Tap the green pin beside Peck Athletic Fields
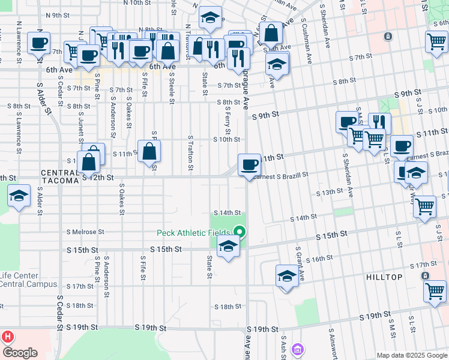pyautogui.click(x=240, y=231)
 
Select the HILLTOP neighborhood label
pyautogui.click(x=384, y=277)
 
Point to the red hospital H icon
pyautogui.click(x=8, y=337)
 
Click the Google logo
pyautogui.click(x=19, y=353)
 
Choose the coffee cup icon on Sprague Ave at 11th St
pyautogui.click(x=249, y=164)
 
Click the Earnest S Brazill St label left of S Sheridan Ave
pyautogui.click(x=282, y=175)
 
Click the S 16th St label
pyautogui.click(x=319, y=259)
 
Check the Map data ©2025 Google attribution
pyautogui.click(x=412, y=355)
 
